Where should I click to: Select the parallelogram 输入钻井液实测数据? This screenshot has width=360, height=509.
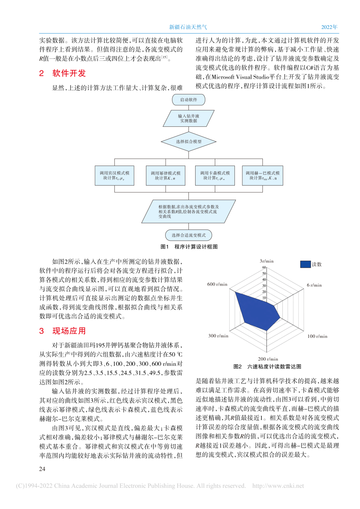coord(188,118)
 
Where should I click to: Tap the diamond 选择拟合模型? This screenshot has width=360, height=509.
coord(188,141)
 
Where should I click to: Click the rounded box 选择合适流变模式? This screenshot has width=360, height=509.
coord(188,235)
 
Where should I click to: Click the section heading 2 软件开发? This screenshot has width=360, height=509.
coord(62,74)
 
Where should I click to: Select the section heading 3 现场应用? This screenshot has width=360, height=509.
coord(62,331)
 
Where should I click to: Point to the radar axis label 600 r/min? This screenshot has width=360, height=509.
coord(218,284)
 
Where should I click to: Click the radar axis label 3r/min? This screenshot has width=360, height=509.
coord(266,261)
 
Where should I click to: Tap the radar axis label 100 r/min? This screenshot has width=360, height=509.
coord(317,336)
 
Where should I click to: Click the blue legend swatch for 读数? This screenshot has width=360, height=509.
coord(305,264)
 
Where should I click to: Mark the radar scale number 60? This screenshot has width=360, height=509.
coord(264,267)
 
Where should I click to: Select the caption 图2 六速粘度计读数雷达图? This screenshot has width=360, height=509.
coord(267,367)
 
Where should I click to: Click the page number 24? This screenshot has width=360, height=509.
coord(42,469)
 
